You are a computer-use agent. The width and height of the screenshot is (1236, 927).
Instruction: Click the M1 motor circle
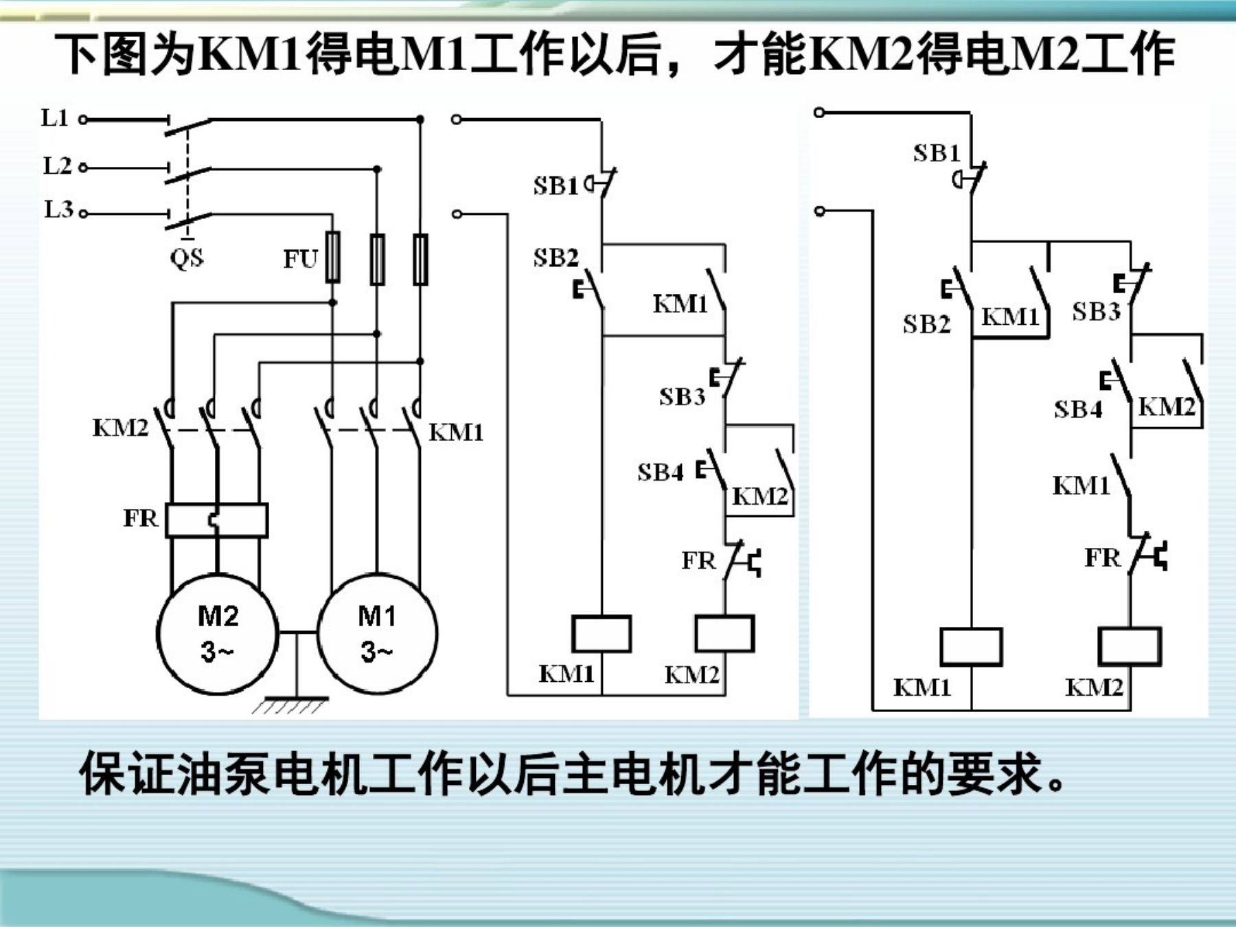(x=377, y=633)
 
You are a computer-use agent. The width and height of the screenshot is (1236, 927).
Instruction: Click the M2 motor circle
(x=218, y=633)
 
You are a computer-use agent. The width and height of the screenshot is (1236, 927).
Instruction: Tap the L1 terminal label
(x=55, y=118)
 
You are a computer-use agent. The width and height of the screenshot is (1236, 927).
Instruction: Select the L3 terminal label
(x=58, y=209)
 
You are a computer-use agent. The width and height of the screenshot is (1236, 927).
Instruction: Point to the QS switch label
(x=187, y=258)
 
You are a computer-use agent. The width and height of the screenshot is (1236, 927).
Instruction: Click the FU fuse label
(x=301, y=259)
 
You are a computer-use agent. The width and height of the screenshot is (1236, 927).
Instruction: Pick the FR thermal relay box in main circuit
(x=217, y=520)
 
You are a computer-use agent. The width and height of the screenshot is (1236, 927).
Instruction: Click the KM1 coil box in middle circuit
(x=602, y=633)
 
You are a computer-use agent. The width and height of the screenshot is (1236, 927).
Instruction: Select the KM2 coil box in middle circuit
(x=724, y=633)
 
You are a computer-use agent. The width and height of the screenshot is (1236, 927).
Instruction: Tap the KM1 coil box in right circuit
(x=971, y=646)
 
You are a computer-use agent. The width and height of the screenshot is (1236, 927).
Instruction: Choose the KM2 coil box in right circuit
(x=1130, y=646)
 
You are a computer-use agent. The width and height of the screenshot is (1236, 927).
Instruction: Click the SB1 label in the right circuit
(x=936, y=153)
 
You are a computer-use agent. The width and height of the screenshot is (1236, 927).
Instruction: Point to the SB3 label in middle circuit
(x=682, y=397)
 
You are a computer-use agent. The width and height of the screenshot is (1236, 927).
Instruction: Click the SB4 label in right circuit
(x=1078, y=410)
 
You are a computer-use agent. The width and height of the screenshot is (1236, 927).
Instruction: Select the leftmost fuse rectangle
(x=333, y=257)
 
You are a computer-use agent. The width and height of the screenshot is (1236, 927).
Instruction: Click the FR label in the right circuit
(x=1102, y=558)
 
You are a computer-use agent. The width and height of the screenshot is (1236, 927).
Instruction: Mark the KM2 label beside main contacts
(x=120, y=428)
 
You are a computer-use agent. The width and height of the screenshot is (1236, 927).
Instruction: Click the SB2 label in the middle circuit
(x=556, y=257)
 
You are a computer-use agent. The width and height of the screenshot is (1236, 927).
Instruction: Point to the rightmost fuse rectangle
(x=420, y=259)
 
